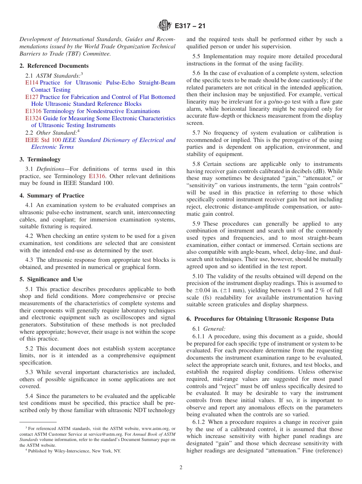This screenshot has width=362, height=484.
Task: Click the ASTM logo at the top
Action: point(165,26)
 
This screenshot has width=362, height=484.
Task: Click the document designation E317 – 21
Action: point(190,26)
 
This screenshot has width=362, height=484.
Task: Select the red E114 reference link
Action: point(32,83)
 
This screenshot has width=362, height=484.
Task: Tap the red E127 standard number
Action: point(32,97)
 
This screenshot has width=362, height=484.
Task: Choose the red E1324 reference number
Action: point(33,118)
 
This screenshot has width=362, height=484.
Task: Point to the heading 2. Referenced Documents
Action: point(54,66)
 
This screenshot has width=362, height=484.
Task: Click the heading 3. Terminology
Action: point(40,159)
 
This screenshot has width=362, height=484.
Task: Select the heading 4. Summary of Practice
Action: point(52,196)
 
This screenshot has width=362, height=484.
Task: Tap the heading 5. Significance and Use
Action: point(51,279)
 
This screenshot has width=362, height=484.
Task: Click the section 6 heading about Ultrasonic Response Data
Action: point(260,319)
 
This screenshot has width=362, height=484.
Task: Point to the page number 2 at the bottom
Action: point(181,468)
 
